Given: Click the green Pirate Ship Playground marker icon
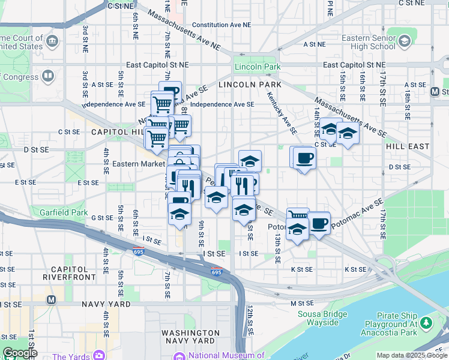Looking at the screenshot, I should [x=427, y=323].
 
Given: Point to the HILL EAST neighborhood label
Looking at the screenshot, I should [x=408, y=146].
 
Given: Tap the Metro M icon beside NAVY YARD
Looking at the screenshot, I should [x=51, y=299].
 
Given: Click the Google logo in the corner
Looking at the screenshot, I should [x=19, y=353].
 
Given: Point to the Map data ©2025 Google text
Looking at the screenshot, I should [x=411, y=355].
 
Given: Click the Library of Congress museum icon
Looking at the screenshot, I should [x=47, y=76].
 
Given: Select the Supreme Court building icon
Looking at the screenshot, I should [x=52, y=41].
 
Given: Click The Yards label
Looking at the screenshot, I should [x=71, y=356].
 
